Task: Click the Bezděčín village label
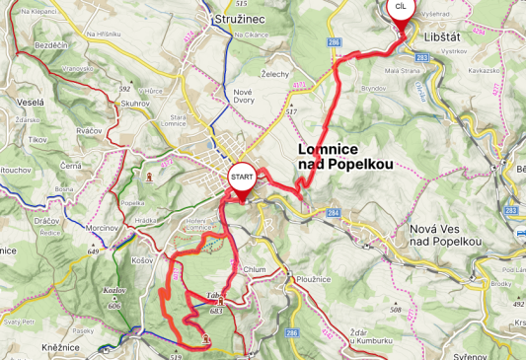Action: [50, 45]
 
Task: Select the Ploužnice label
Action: [311, 279]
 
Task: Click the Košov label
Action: [142, 260]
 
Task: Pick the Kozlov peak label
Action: [113, 291]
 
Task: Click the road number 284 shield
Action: [334, 211]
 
